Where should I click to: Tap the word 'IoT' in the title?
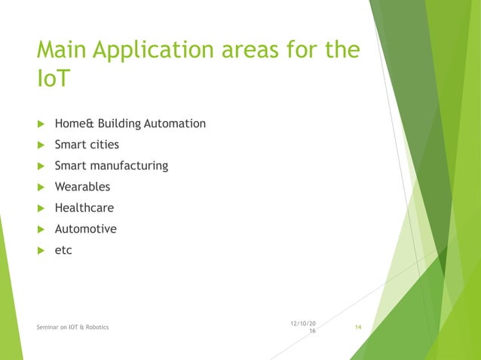pos(52,78)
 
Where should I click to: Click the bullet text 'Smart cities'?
pos(87,145)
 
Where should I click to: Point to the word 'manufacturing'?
pos(129,166)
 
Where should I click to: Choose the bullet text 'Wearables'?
pos(82,187)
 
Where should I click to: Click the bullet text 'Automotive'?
pos(85,229)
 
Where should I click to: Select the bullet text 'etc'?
pos(63,250)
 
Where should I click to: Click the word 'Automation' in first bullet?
pos(176,124)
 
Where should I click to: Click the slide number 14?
pos(358,328)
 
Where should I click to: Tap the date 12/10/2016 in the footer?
pos(302,327)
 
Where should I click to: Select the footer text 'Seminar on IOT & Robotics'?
pos(72,328)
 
